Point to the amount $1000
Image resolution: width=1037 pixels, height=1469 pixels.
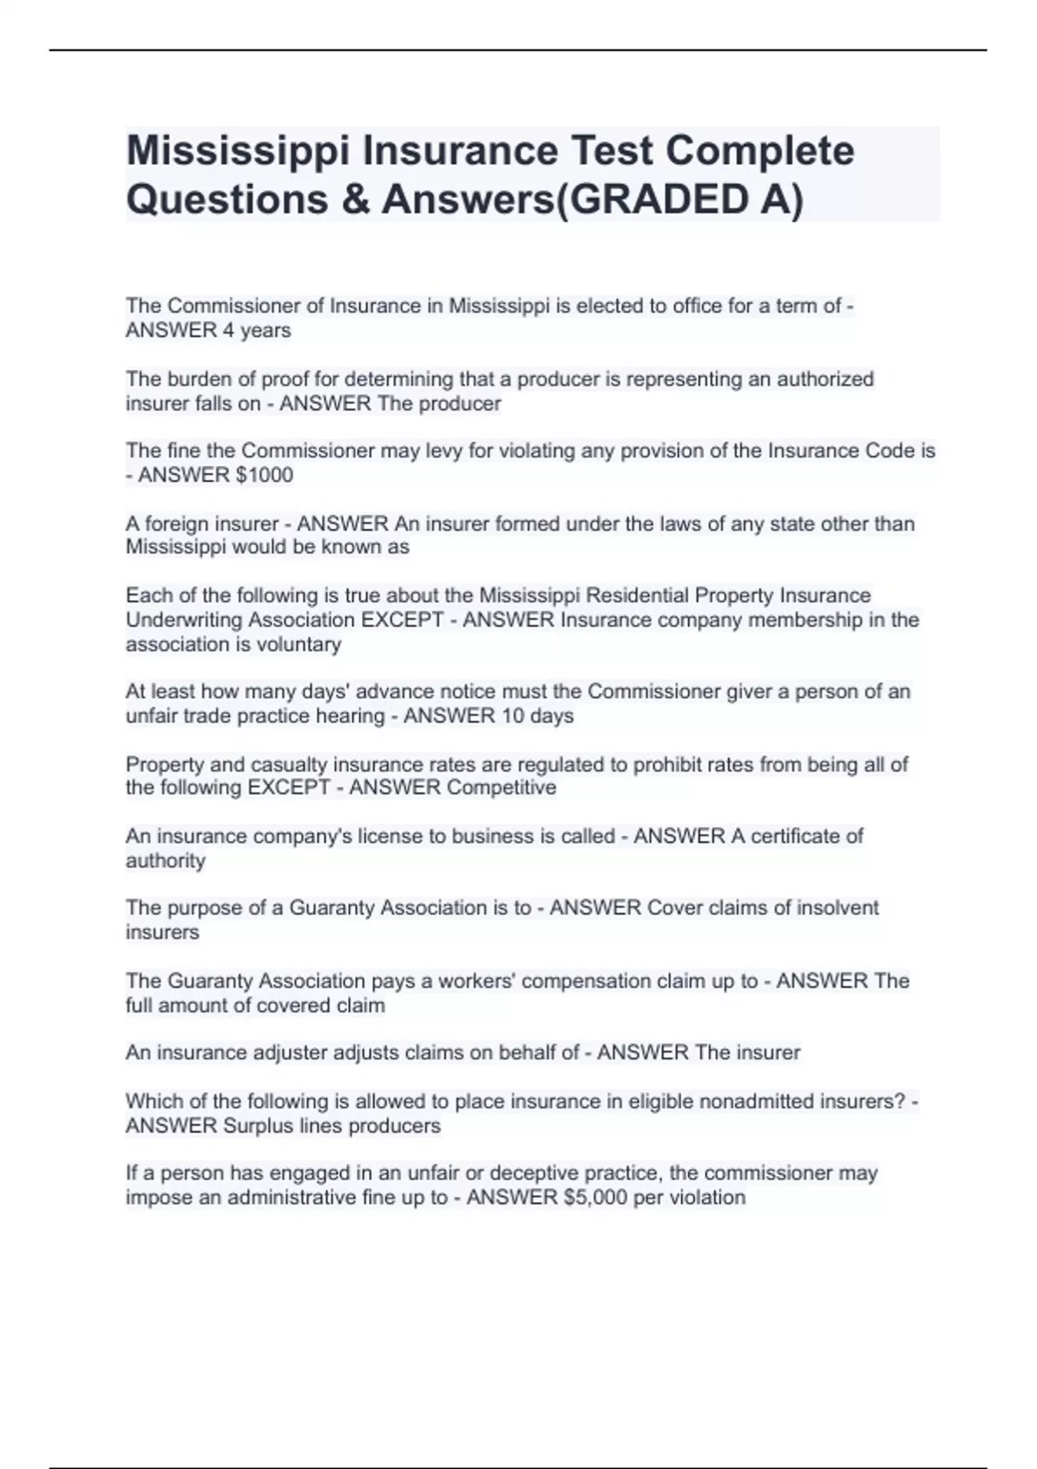pyautogui.click(x=264, y=474)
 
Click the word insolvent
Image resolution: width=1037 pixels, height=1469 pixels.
pyautogui.click(x=837, y=907)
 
